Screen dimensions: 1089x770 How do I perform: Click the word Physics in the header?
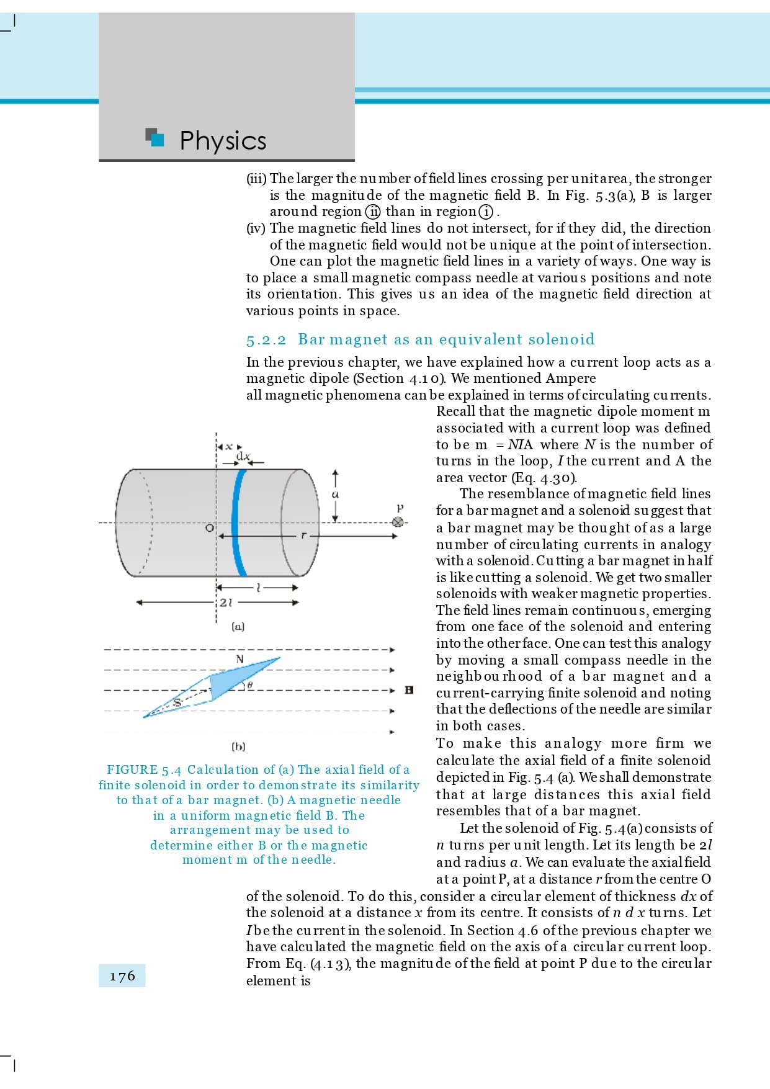pos(223,141)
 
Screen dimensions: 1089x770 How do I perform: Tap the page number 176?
pos(122,976)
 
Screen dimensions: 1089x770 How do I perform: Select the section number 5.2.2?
pos(266,340)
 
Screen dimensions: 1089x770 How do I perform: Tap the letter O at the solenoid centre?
pos(210,528)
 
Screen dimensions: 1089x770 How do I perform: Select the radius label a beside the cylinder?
pos(335,495)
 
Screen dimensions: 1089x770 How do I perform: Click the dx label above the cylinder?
pos(243,457)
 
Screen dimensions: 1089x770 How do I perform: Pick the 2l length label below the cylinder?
pos(226,602)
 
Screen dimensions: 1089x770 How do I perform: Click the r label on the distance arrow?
pos(303,535)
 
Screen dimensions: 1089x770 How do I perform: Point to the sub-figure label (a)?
pos(238,627)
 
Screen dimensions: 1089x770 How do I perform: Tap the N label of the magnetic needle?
pos(240,659)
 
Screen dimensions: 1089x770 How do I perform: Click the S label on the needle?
pos(177,702)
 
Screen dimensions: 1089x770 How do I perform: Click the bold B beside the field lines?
pos(409,690)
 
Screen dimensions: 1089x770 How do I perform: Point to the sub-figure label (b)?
pos(238,746)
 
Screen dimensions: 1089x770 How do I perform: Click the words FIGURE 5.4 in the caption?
pos(144,770)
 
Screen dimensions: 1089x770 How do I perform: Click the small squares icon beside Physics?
pos(154,137)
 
